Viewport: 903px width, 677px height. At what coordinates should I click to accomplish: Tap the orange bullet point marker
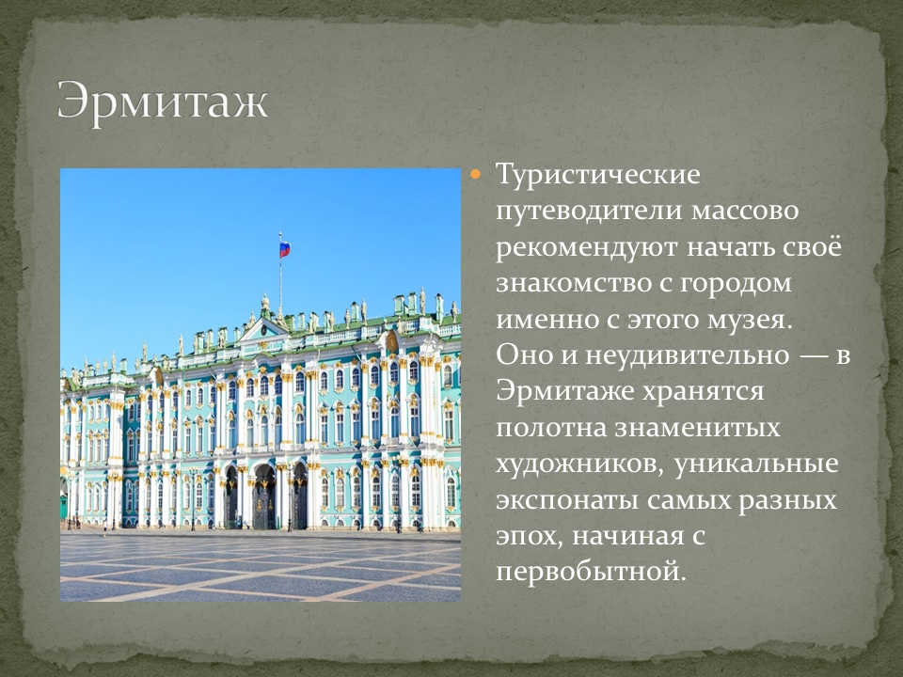(x=475, y=173)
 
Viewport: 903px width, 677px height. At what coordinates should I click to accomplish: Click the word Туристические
(x=598, y=174)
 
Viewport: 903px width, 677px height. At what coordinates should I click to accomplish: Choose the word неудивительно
(x=687, y=355)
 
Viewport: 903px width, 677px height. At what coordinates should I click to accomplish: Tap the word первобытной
(x=592, y=573)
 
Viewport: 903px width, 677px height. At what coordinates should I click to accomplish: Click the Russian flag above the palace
(x=285, y=249)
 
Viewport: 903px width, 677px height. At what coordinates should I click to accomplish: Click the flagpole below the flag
(x=280, y=283)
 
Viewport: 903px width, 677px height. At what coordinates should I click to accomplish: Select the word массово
(x=745, y=212)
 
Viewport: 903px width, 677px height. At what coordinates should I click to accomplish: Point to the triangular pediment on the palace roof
(x=262, y=329)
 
